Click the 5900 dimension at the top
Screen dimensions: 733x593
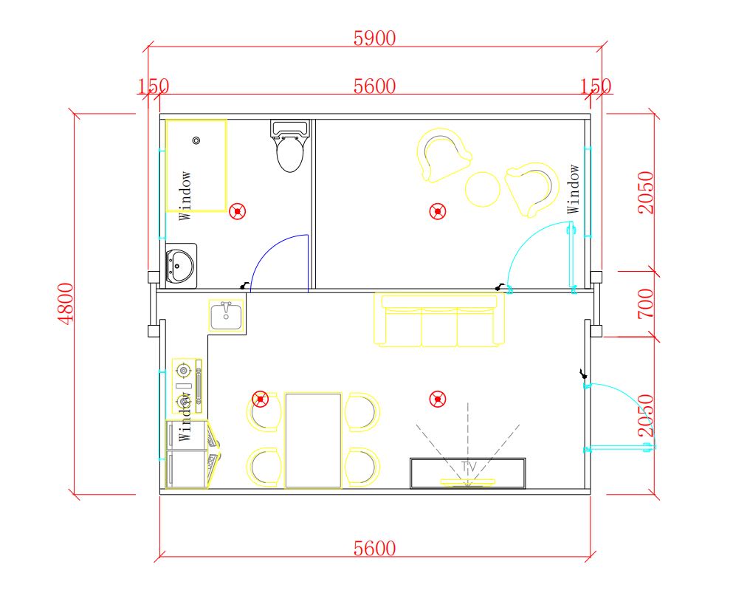[374, 38]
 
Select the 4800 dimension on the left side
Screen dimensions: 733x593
[66, 304]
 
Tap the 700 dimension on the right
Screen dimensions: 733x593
[646, 304]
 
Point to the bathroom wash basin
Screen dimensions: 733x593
[181, 266]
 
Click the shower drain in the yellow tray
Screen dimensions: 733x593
[196, 140]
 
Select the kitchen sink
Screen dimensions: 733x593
[227, 316]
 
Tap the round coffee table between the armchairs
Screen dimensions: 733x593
[483, 189]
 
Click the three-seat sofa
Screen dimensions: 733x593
[439, 320]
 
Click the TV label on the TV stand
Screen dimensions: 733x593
[469, 466]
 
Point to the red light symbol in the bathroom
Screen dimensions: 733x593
[238, 212]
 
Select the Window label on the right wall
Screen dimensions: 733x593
[573, 189]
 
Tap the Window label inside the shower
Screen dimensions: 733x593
[185, 196]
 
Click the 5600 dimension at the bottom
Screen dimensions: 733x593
[374, 549]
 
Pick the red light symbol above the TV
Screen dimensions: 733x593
[438, 400]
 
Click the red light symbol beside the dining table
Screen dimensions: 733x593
[261, 400]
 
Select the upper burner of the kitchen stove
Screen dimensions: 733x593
[184, 371]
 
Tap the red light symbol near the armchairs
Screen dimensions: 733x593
[438, 211]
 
